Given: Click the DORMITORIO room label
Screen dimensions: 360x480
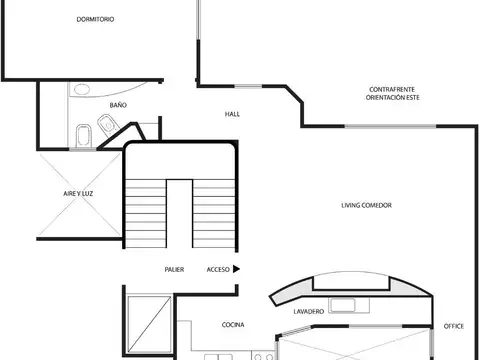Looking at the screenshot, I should (x=95, y=20).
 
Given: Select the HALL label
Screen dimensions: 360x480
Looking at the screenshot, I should (x=232, y=114).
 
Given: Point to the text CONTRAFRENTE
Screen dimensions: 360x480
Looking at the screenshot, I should (x=392, y=90).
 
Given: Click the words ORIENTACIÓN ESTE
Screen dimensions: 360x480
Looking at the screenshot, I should (x=392, y=99).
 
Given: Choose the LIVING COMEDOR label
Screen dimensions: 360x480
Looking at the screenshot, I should (x=366, y=205).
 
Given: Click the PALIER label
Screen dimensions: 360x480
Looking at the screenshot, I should (x=174, y=269).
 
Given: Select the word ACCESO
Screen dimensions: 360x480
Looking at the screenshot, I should (x=218, y=269).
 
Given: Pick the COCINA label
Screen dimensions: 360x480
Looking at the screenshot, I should (x=233, y=325).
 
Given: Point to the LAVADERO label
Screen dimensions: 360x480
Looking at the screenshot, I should (x=308, y=312).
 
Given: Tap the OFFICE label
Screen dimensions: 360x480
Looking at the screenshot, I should (x=453, y=325).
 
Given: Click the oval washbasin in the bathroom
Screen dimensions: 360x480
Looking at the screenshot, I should (x=81, y=89).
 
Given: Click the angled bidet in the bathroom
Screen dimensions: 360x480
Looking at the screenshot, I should (x=108, y=126).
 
